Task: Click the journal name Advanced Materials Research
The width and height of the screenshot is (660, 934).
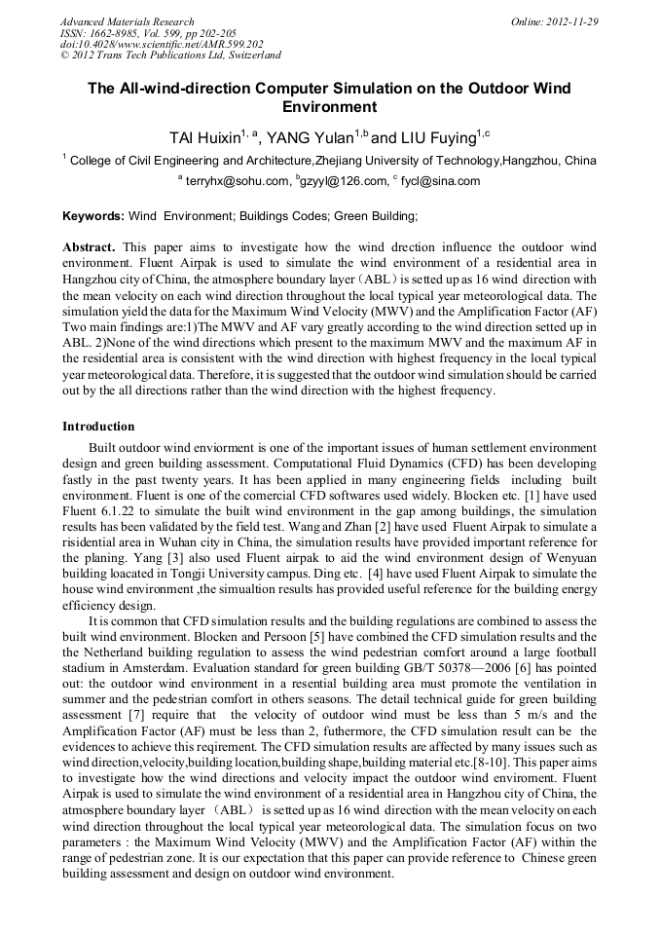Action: coord(127,21)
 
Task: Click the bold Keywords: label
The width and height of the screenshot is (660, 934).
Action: coord(93,215)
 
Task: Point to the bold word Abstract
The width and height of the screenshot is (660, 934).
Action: coord(90,248)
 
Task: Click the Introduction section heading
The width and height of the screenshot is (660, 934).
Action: coord(98,427)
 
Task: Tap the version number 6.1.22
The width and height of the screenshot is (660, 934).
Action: coord(119,512)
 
